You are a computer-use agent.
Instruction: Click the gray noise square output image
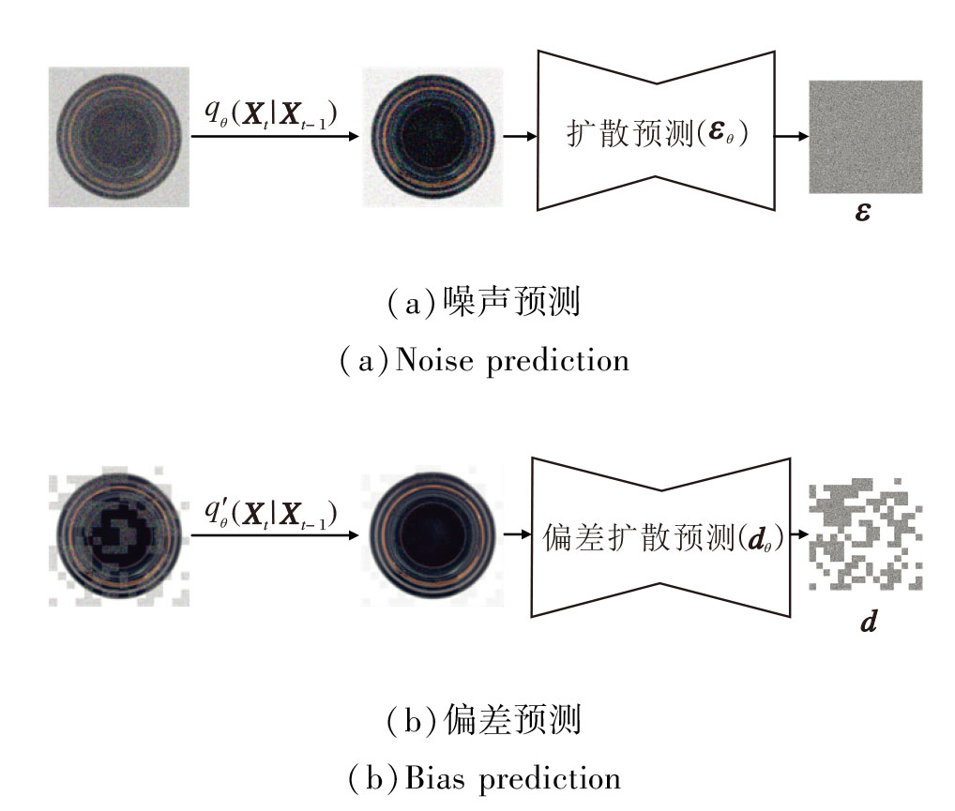[x=865, y=137]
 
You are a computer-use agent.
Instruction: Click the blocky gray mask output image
[x=865, y=536]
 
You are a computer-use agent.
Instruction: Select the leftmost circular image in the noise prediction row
[x=119, y=137]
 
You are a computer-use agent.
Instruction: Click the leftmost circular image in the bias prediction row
[x=119, y=536]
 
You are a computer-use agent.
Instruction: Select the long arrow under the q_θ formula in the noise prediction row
[x=275, y=137]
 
